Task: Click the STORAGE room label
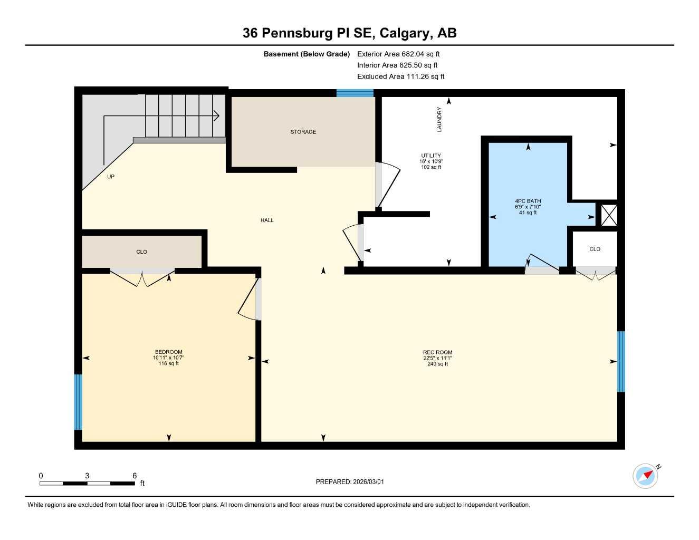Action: click(303, 132)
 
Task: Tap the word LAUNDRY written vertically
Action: click(439, 119)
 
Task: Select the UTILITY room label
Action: click(431, 156)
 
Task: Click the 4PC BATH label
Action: click(528, 201)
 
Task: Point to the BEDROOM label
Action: click(168, 352)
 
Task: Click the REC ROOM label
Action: click(437, 352)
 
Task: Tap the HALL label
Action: click(267, 220)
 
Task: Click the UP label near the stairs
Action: click(111, 177)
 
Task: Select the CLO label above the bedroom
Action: click(141, 252)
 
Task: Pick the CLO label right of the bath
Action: click(595, 249)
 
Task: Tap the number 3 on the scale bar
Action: click(87, 476)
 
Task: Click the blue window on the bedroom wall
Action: click(78, 402)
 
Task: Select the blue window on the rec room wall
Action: click(621, 361)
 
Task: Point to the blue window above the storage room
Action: click(355, 93)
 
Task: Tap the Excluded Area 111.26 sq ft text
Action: click(400, 76)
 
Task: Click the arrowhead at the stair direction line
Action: click(216, 115)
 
